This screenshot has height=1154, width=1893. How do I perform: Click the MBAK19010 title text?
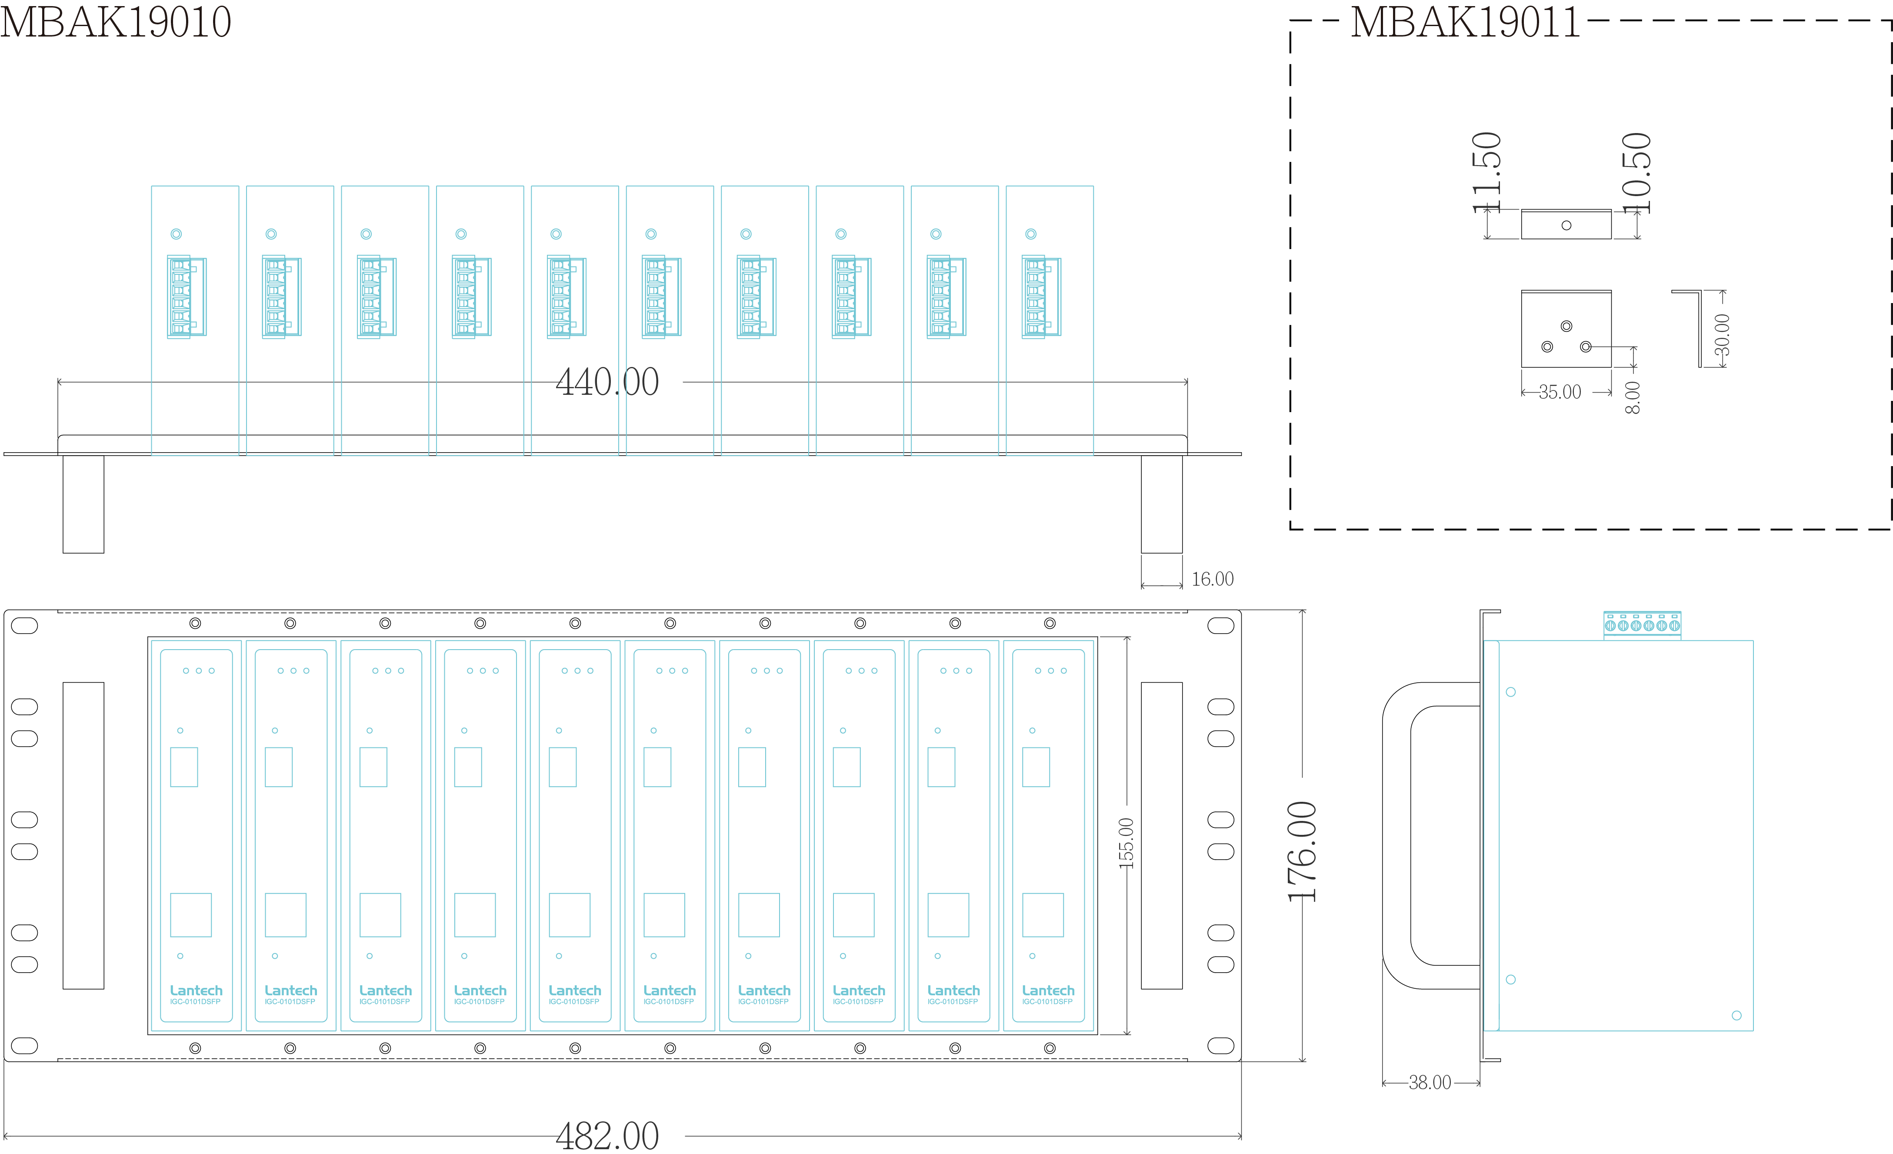click(115, 21)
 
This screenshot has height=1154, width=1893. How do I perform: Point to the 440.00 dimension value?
click(607, 382)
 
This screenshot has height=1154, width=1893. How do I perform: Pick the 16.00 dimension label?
click(1212, 579)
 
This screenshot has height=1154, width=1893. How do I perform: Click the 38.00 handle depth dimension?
click(1430, 1083)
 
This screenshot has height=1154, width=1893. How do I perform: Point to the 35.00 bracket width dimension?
click(1560, 392)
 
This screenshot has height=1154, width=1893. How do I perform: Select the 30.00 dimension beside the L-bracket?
click(1723, 335)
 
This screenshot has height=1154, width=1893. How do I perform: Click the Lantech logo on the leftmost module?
click(196, 991)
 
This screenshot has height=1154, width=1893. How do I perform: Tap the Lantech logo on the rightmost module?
click(1048, 991)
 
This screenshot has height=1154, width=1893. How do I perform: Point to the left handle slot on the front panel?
click(83, 835)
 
